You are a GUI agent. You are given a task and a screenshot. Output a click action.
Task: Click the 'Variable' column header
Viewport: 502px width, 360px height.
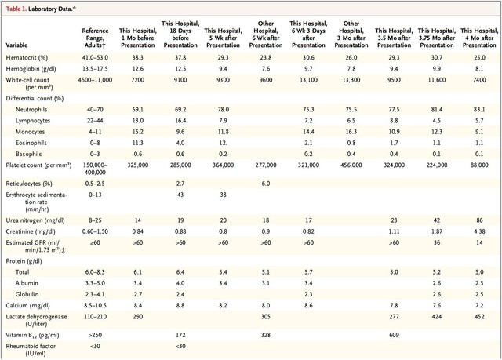[16, 45]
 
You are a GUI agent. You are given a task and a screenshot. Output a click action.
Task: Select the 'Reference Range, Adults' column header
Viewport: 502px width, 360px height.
[95, 38]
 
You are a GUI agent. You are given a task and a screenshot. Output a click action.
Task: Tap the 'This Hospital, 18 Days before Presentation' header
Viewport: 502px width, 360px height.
[180, 35]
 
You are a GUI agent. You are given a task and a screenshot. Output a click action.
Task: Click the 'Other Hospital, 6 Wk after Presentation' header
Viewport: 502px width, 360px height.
[266, 35]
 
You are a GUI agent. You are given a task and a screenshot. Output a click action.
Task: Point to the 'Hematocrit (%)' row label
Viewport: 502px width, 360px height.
[27, 57]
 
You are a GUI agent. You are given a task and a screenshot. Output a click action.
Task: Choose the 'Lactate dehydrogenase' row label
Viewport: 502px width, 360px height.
[37, 320]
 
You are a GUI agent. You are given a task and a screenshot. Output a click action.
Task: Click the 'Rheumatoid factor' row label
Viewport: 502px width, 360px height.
[31, 350]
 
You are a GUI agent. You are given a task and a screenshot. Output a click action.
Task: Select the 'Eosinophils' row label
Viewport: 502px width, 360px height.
[31, 143]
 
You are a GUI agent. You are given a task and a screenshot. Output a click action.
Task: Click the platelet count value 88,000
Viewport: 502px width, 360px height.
[479, 165]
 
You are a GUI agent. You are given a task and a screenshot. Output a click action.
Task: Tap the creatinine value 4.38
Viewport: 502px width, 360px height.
[479, 231]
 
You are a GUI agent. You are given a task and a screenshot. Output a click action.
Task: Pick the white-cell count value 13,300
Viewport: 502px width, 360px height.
[351, 80]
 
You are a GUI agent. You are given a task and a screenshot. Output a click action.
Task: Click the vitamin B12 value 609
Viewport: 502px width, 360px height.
[394, 335]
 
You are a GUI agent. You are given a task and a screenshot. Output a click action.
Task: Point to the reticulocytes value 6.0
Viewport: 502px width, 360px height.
[266, 184]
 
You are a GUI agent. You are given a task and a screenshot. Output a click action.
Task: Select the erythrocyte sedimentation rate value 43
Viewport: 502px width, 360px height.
[180, 195]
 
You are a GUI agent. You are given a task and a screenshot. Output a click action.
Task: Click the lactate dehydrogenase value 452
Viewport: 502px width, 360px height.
[479, 317]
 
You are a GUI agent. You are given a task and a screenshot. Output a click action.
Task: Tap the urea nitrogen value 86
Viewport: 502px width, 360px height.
[479, 220]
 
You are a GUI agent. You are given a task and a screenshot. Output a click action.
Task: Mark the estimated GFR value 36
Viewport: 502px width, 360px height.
[437, 242]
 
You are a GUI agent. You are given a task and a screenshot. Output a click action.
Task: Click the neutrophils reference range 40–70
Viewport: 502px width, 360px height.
[95, 110]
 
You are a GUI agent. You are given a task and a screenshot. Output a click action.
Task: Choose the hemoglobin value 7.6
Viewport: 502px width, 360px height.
[266, 69]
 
